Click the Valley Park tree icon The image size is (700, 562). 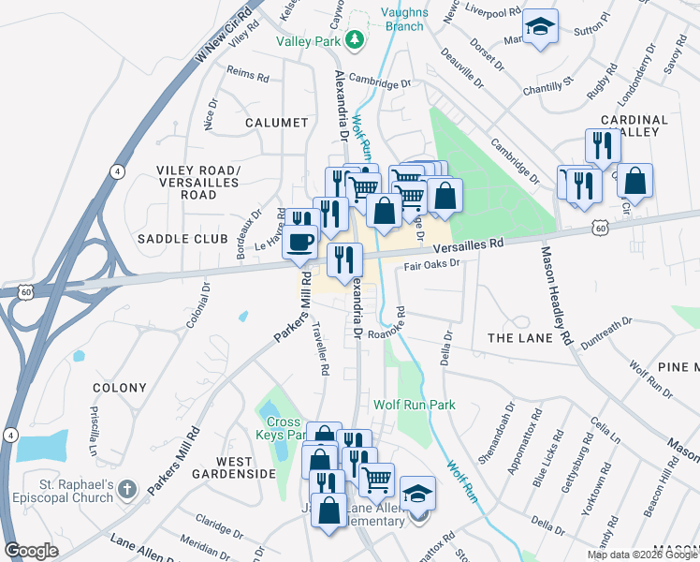[355, 39]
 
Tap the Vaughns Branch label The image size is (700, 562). [403, 19]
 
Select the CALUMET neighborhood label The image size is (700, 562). [276, 123]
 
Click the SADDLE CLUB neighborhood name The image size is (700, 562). [182, 239]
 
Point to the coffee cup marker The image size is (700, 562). [299, 242]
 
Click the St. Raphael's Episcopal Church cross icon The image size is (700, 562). [128, 489]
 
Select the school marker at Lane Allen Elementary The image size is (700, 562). [417, 494]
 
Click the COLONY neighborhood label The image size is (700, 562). [120, 388]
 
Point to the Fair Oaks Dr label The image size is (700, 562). [432, 264]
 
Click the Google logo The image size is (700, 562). [31, 550]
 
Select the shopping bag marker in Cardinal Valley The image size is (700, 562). [634, 181]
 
